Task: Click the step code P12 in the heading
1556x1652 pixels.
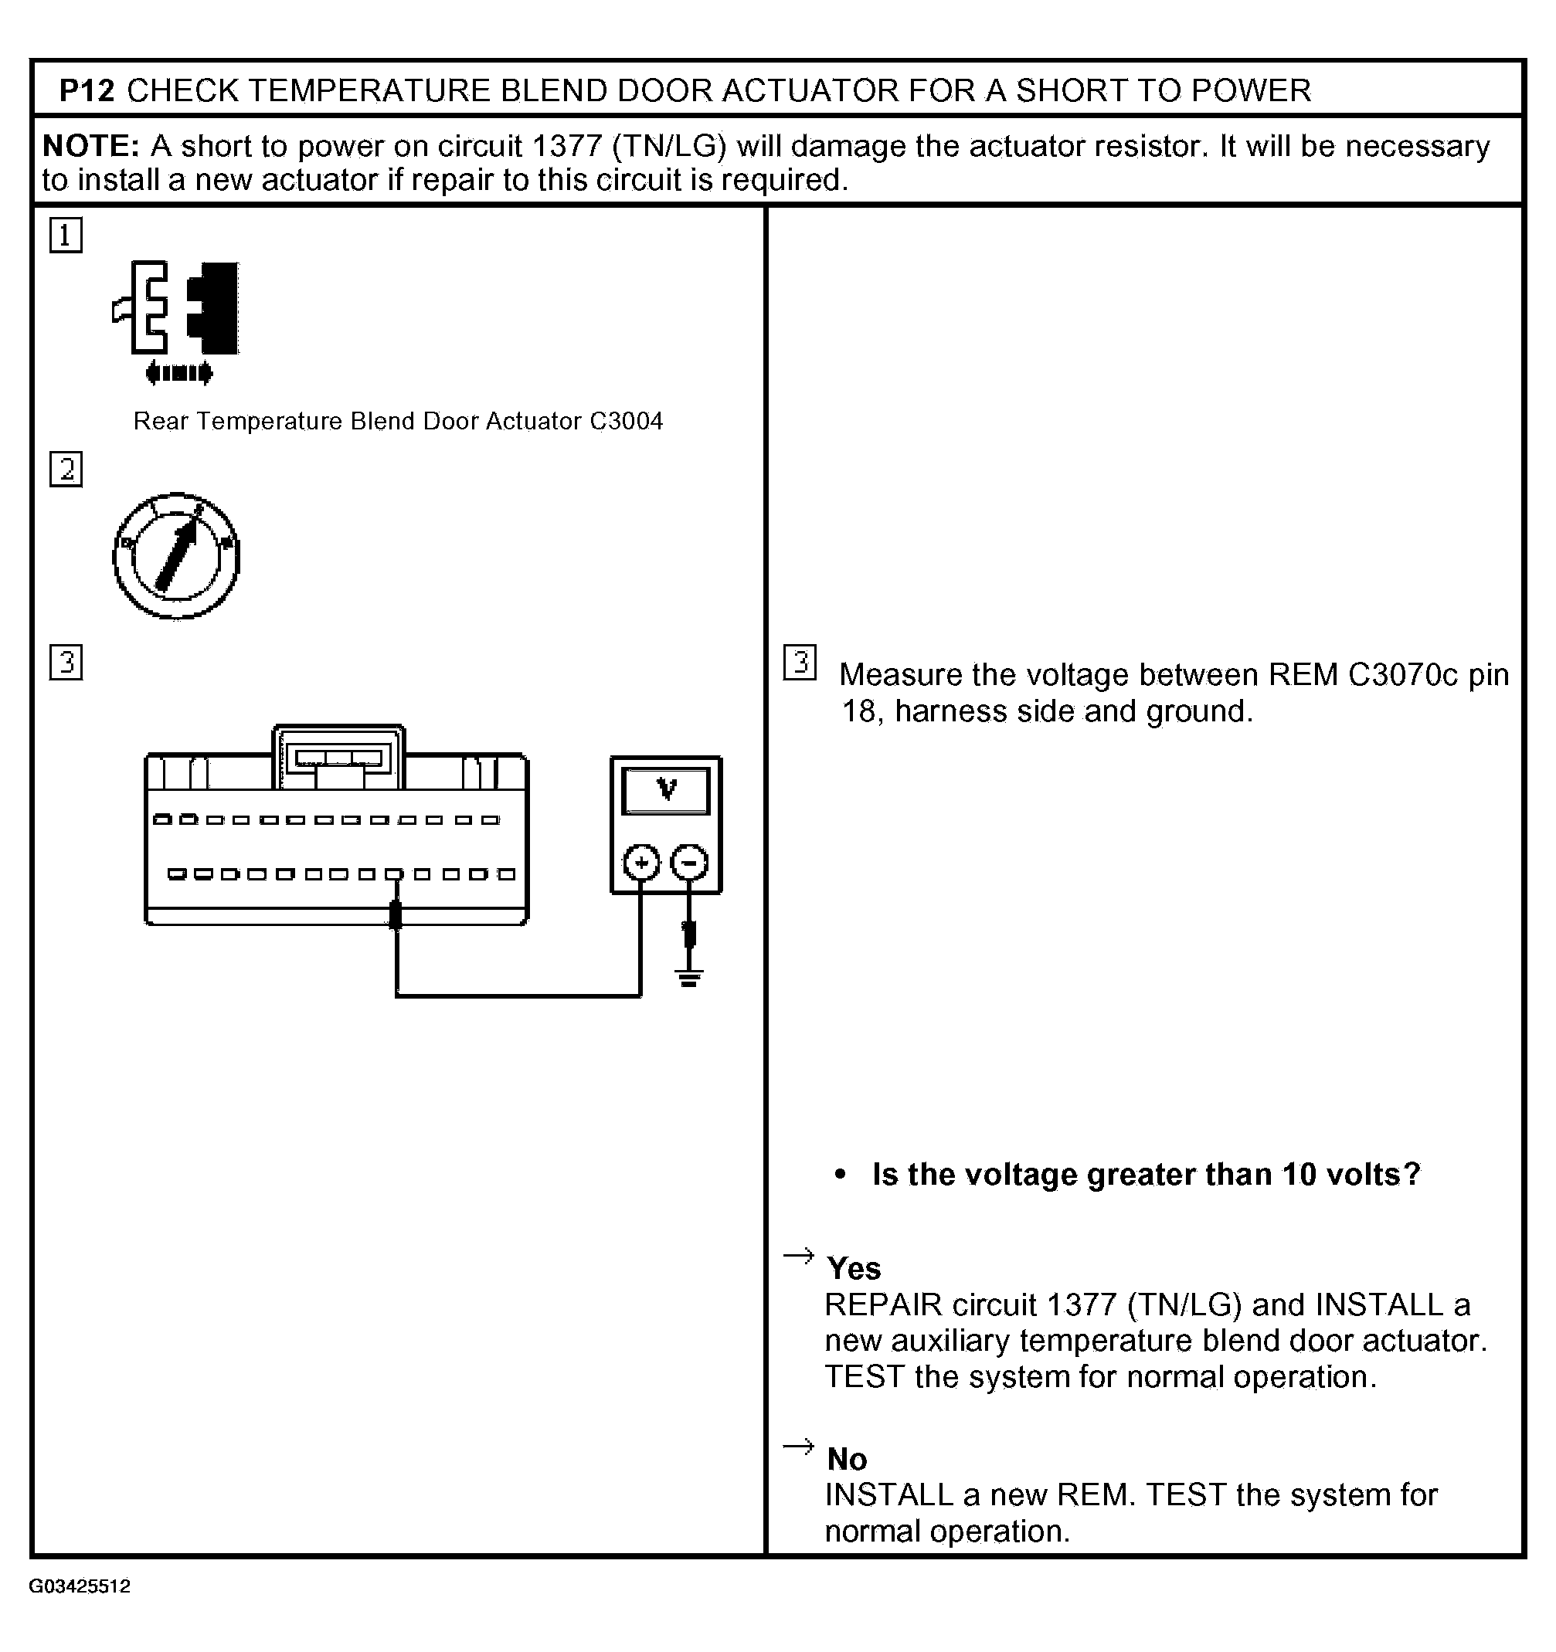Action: click(x=87, y=90)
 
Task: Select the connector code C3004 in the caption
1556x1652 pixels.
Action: click(x=626, y=422)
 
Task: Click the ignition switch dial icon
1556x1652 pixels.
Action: click(x=176, y=556)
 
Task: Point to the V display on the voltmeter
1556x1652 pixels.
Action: click(x=666, y=790)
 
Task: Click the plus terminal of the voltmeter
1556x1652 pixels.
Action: click(x=640, y=863)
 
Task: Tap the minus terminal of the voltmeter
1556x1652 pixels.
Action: click(x=689, y=863)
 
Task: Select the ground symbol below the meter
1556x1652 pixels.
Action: click(x=688, y=977)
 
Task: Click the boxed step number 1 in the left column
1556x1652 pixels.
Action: click(x=66, y=235)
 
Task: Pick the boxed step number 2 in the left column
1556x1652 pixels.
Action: click(x=66, y=470)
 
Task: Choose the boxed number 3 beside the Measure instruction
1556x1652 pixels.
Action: click(x=800, y=663)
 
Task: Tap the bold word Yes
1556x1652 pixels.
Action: click(x=854, y=1269)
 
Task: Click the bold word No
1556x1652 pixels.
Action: click(x=847, y=1459)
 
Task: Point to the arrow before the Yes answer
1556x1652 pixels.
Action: click(x=799, y=1255)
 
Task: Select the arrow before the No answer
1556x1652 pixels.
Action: click(x=799, y=1447)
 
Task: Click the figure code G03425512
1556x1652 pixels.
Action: click(x=80, y=1586)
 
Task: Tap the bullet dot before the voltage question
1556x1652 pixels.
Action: click(x=841, y=1174)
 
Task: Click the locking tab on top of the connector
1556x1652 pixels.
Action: click(x=338, y=757)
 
